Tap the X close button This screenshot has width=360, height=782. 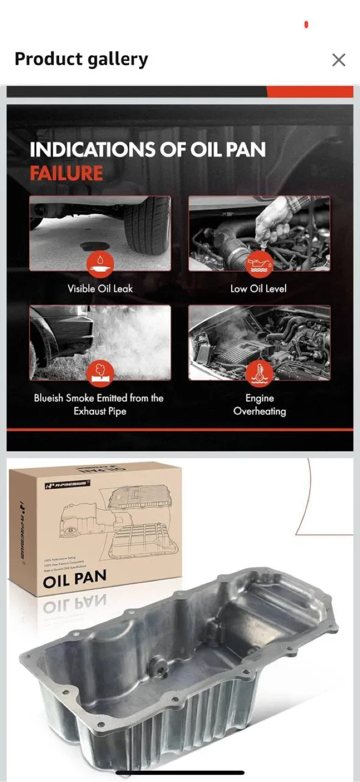(338, 60)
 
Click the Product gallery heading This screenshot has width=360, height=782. (81, 59)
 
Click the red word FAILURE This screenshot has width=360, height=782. (66, 174)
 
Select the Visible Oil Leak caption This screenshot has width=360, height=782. (100, 288)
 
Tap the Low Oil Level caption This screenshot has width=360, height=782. (258, 288)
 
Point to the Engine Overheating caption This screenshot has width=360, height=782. (260, 405)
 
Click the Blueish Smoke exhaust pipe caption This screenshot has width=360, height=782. (99, 405)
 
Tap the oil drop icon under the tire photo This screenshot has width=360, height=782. (100, 264)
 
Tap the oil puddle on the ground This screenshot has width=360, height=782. (94, 247)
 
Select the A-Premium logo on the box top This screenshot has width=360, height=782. (67, 483)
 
